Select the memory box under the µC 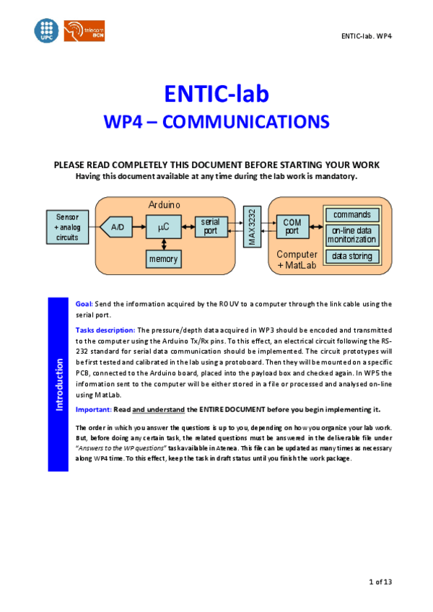pos(164,258)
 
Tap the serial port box pos(210,227)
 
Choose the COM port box pos(292,227)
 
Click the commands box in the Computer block pos(351,214)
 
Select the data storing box pos(351,256)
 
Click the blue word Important pos(93,409)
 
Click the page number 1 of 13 pos(380,582)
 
